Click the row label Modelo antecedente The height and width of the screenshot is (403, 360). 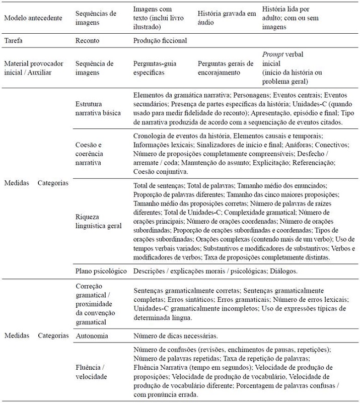tap(33, 18)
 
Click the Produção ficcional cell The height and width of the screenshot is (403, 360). tap(160, 40)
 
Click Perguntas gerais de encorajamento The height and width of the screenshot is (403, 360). tap(226, 68)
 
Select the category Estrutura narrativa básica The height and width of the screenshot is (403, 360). tap(98, 108)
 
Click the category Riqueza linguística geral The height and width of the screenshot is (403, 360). tap(98, 221)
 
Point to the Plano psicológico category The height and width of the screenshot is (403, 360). tap(100, 271)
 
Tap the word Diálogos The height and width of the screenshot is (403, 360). tap(285, 271)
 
